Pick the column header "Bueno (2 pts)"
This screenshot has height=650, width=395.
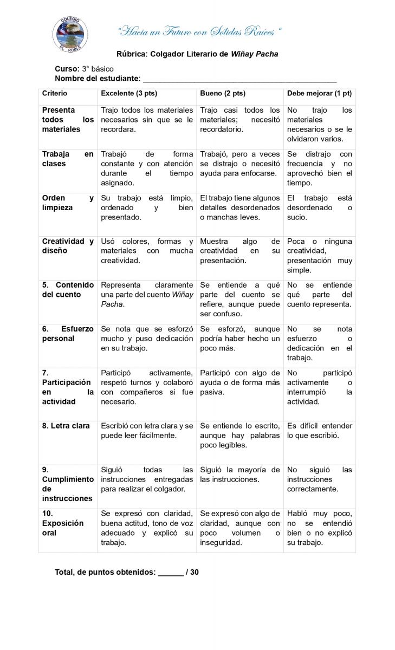point(223,93)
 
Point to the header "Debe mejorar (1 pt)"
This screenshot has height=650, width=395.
point(319,93)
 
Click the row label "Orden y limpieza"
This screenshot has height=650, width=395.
point(68,203)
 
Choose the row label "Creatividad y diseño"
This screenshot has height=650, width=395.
point(68,246)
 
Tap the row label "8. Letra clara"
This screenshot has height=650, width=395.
point(66,426)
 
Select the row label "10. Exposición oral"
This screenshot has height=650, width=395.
point(63,523)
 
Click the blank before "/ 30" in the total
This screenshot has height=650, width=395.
point(171,571)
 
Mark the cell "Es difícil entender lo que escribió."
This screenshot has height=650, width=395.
point(319,431)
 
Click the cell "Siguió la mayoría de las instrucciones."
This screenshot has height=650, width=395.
point(239,474)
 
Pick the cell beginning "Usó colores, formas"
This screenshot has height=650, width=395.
point(147,251)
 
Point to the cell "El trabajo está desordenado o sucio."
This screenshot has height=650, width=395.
point(319,207)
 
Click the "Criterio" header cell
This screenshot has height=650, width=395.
point(55,93)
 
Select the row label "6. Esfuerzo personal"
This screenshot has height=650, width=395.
point(68,334)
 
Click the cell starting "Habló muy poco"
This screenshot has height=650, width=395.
point(319,528)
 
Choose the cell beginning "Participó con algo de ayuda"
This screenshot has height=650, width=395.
point(239,382)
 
